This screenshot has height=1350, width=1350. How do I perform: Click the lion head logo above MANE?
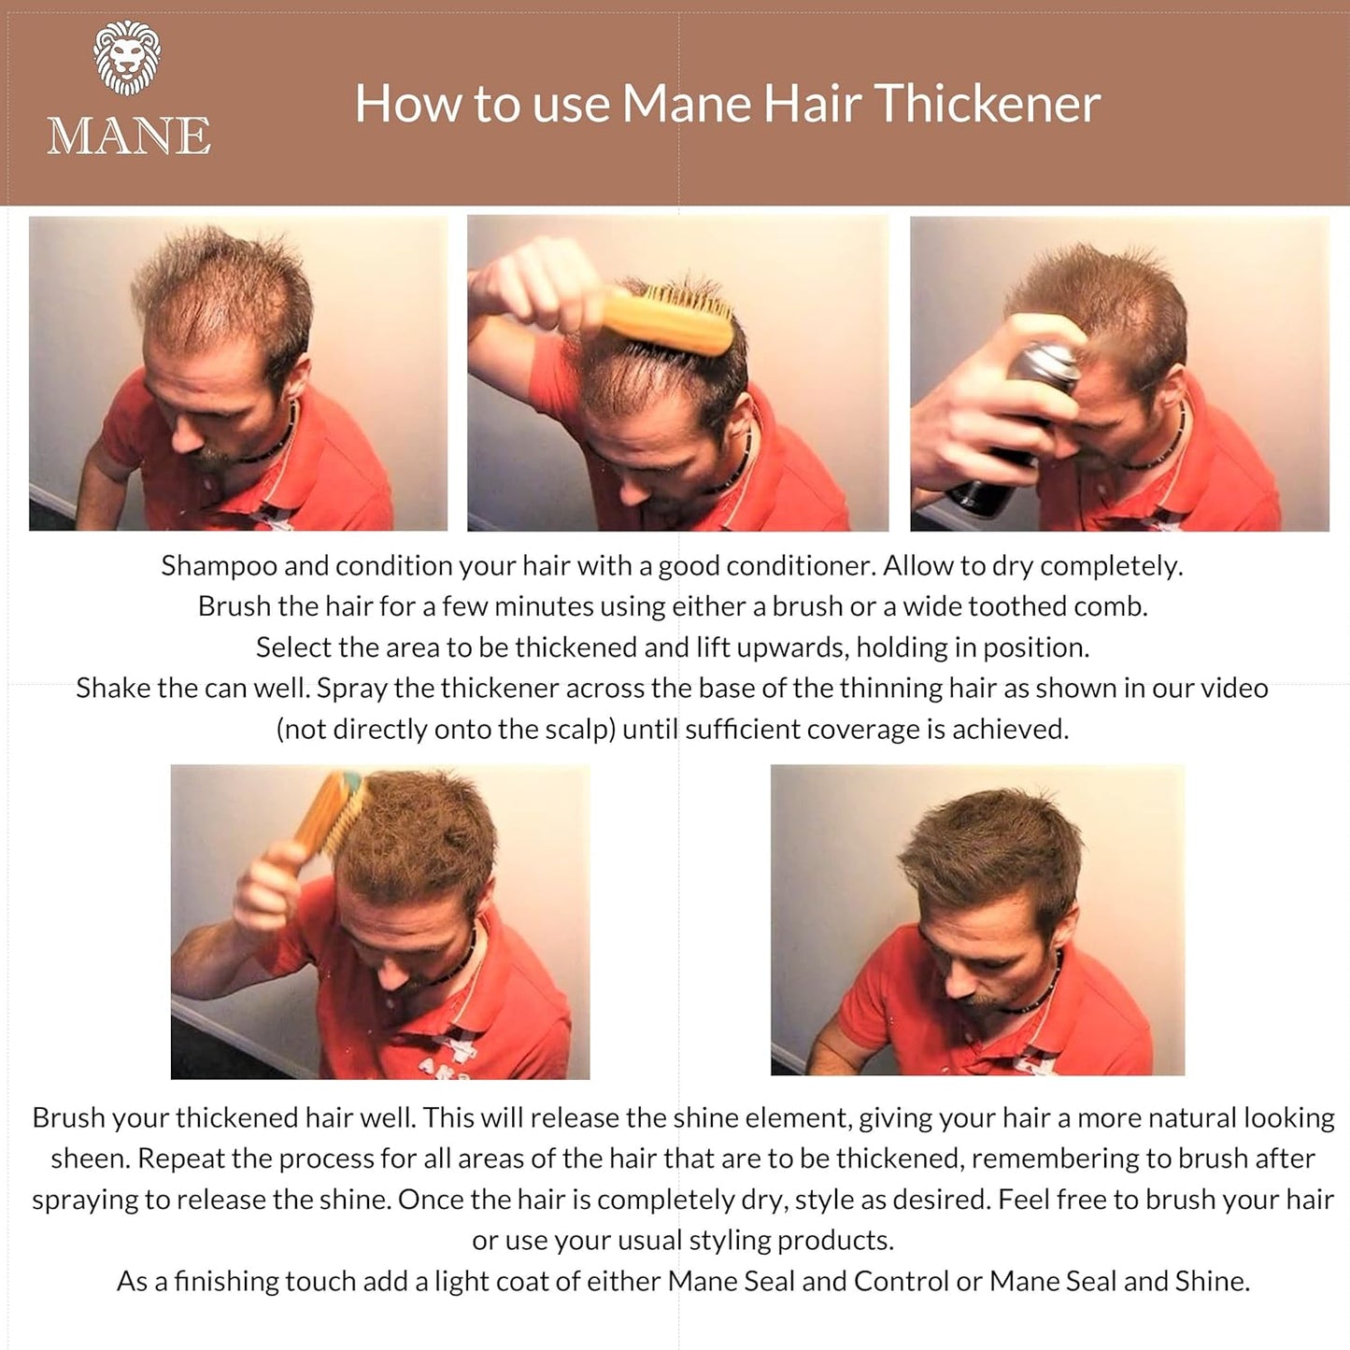point(127,58)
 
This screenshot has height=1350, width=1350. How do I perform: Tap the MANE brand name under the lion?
point(129,136)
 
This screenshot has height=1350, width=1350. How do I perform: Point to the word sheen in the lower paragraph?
point(89,1158)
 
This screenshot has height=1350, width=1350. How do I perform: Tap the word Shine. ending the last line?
point(1212,1281)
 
